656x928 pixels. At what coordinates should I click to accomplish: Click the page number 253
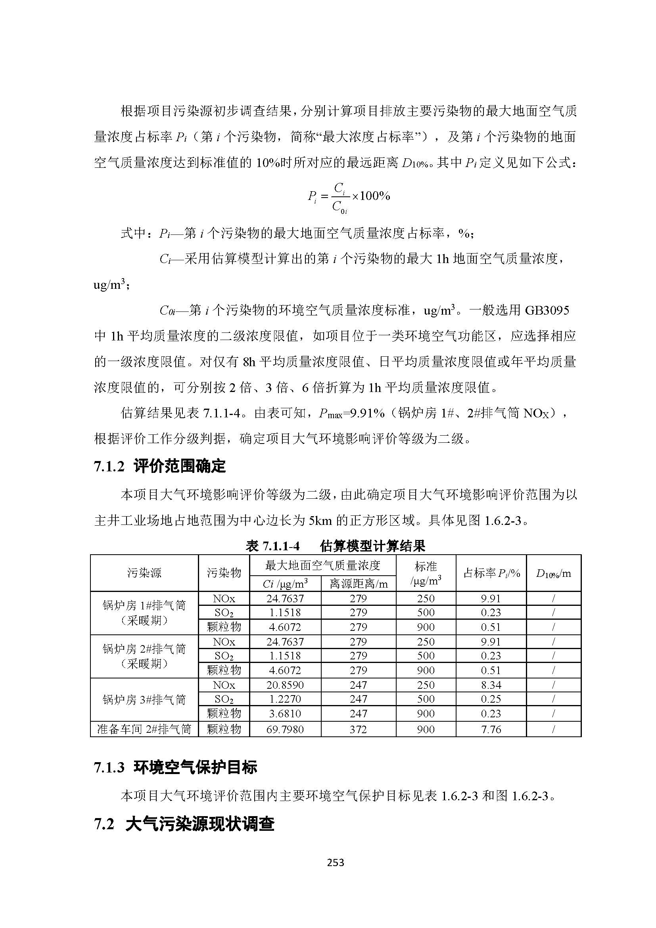click(x=335, y=863)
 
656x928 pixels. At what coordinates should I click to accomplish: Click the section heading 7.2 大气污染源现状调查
click(x=184, y=824)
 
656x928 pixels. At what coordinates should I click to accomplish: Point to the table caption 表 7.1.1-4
click(x=272, y=546)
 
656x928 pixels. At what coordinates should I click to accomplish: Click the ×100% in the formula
click(x=371, y=196)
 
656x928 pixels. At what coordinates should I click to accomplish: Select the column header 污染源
click(x=144, y=573)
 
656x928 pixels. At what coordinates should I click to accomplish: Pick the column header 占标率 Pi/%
click(x=491, y=573)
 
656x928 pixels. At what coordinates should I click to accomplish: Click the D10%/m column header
click(x=553, y=573)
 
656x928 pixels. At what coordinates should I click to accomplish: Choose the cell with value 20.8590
click(x=285, y=685)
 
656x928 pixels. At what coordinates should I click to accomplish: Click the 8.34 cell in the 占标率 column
click(x=491, y=685)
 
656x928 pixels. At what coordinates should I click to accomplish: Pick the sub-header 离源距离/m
click(x=358, y=584)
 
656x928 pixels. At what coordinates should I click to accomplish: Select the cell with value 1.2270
click(x=285, y=699)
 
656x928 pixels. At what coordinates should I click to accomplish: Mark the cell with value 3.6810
click(x=285, y=714)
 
